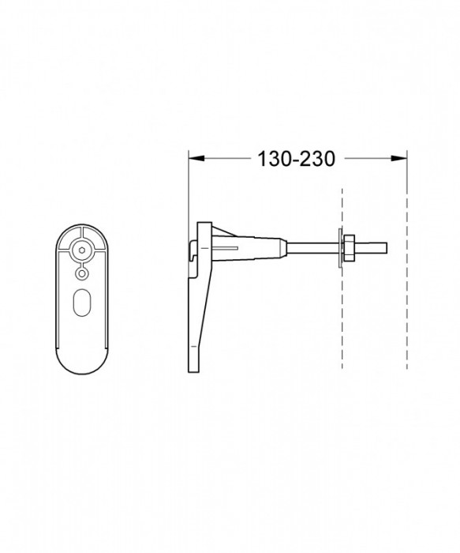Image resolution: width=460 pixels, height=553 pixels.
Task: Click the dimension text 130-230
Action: (x=297, y=158)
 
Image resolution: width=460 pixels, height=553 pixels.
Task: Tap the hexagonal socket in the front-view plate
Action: (x=81, y=250)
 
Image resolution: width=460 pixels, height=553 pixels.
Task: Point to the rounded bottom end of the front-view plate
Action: (x=82, y=359)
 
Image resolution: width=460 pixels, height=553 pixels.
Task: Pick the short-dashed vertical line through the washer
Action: (x=342, y=316)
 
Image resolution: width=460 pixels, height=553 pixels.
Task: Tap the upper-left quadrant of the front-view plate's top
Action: (x=69, y=235)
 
